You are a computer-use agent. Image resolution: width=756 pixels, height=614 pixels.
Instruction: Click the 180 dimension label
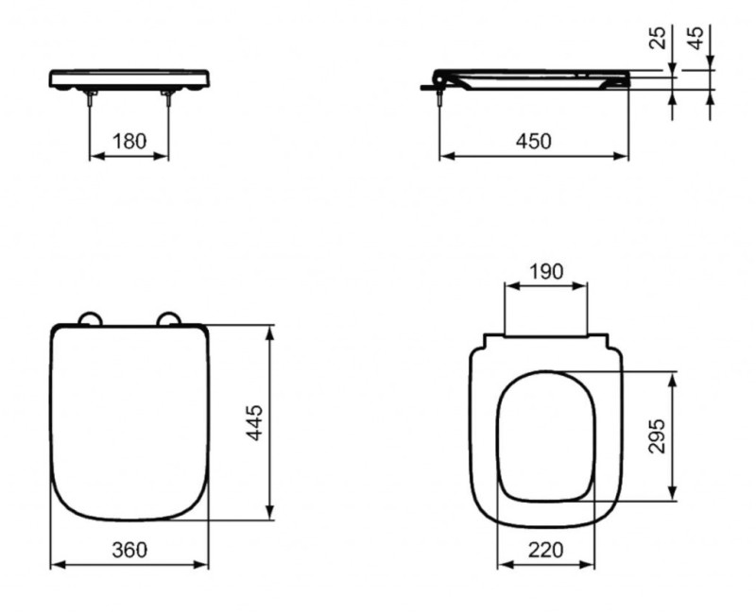[x=129, y=141]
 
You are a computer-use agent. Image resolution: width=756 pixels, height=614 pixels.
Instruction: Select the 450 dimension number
[x=533, y=141]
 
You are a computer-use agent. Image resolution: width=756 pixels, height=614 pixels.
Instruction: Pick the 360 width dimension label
[x=129, y=550]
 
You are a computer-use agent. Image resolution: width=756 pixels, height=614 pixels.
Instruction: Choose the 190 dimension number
[x=545, y=272]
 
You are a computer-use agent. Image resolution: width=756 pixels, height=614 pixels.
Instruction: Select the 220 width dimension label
[x=545, y=550]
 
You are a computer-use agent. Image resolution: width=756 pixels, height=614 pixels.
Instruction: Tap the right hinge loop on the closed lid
[x=170, y=318]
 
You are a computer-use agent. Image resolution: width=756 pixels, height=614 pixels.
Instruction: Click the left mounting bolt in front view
[x=91, y=99]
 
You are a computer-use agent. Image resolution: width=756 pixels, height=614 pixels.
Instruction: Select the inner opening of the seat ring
[x=546, y=435]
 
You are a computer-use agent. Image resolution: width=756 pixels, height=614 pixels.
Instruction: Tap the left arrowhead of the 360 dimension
[x=55, y=566]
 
